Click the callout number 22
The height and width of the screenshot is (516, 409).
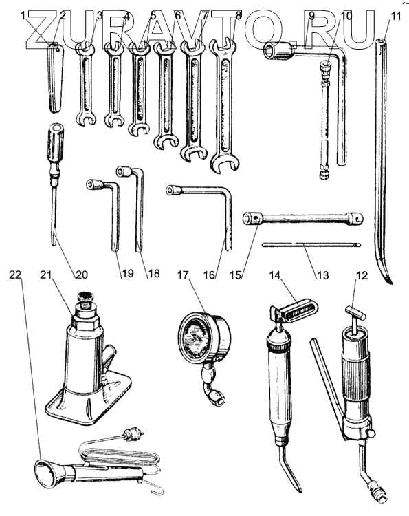click(15, 275)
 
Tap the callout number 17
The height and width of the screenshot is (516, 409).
click(184, 275)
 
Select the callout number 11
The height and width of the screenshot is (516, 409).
click(396, 15)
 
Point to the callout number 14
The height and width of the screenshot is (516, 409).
click(276, 275)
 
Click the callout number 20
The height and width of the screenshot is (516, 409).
click(82, 274)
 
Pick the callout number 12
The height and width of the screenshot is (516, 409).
click(362, 275)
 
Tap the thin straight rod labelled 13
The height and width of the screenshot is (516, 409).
click(311, 244)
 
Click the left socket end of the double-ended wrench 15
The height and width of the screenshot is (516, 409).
click(252, 218)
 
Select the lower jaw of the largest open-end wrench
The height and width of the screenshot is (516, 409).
click(225, 163)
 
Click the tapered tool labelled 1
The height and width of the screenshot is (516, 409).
click(55, 78)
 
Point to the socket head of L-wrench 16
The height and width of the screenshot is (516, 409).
click(174, 191)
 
